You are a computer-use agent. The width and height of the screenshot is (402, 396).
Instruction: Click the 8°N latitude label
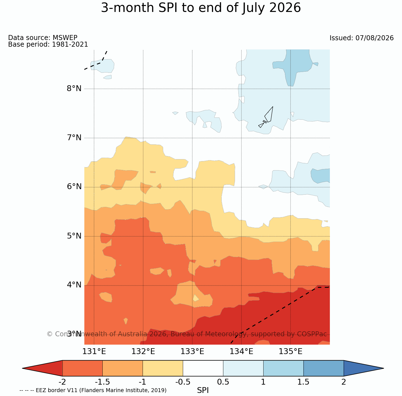point(74,89)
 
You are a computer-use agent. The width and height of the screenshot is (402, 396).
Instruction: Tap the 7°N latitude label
point(74,138)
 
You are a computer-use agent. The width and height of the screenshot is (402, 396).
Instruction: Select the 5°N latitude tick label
point(74,236)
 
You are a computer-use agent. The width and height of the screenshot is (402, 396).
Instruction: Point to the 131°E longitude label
point(94,352)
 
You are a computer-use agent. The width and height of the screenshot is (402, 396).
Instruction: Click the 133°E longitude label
point(192,352)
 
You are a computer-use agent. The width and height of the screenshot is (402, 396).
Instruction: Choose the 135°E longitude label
point(290,352)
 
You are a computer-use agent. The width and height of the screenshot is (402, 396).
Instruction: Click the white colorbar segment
point(203,368)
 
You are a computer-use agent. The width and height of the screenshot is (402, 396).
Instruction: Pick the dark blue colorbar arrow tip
point(383,368)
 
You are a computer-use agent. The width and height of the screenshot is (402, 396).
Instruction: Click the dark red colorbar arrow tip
point(22,368)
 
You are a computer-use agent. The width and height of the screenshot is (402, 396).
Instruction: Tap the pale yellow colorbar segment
point(163,368)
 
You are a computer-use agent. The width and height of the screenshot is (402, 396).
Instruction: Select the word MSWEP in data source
point(65,37)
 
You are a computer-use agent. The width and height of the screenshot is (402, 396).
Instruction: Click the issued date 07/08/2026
point(375,38)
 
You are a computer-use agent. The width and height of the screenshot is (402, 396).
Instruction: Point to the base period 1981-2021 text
point(70,44)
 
